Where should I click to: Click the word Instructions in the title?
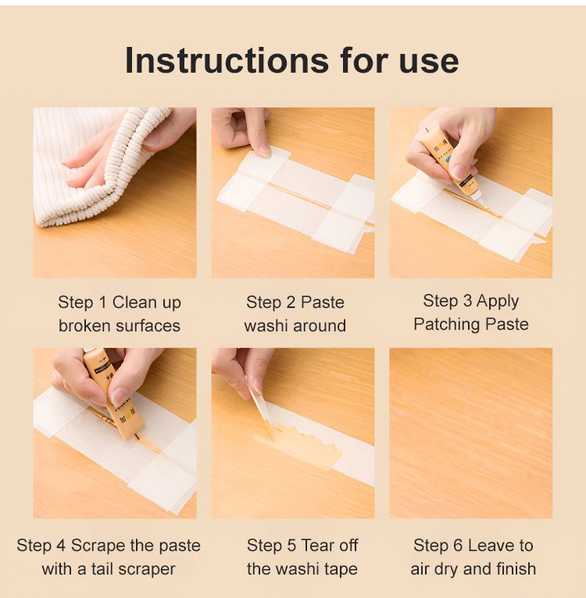point(227,60)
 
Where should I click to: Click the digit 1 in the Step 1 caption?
point(102,303)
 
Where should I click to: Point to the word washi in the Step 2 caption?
point(266,326)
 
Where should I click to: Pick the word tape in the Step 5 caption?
point(341,569)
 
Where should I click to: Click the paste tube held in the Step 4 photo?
point(113,393)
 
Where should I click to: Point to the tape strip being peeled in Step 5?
point(263,413)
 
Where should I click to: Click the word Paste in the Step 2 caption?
point(322,303)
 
